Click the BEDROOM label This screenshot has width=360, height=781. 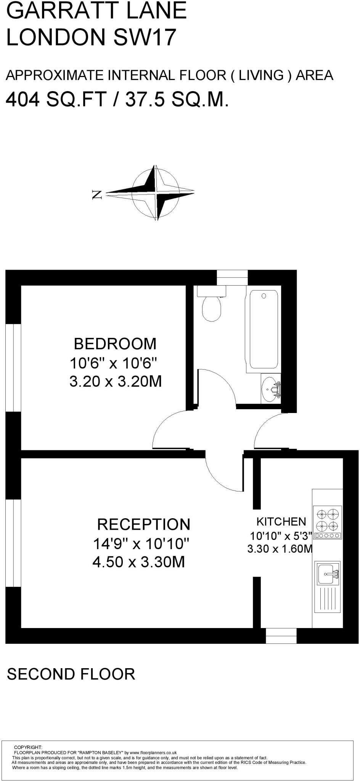pos(115,344)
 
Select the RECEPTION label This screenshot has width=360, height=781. pos(143,524)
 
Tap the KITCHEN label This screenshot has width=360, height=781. pos(281,521)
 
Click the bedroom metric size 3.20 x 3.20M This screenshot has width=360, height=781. pos(116,381)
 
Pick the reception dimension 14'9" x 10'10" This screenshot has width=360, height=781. pos(141,543)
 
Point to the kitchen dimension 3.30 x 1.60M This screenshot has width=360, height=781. pos(280,549)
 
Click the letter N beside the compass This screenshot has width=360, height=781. pos(97,195)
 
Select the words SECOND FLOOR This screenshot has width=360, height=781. pos(71,674)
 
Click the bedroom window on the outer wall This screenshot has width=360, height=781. pos(13,368)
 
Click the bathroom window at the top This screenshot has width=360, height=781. pos(232,277)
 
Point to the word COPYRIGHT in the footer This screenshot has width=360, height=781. pos(28,747)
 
